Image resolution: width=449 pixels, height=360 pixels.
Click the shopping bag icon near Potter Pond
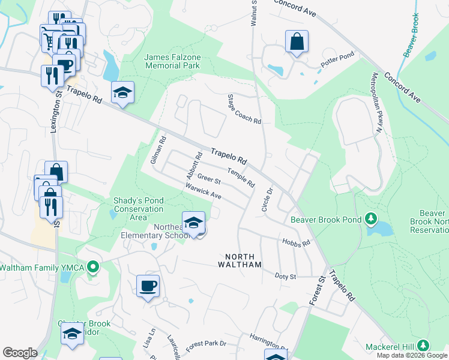[297, 42]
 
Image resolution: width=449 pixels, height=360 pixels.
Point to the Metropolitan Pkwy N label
[376, 103]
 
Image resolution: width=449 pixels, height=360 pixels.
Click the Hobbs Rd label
[296, 242]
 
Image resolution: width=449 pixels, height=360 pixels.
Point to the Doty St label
[286, 277]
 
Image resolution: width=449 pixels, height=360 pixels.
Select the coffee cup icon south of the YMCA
[148, 286]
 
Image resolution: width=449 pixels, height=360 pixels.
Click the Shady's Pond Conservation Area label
[138, 209]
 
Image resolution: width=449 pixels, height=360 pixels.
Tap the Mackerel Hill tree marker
[423, 346]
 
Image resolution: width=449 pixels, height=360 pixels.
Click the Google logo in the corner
[20, 353]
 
